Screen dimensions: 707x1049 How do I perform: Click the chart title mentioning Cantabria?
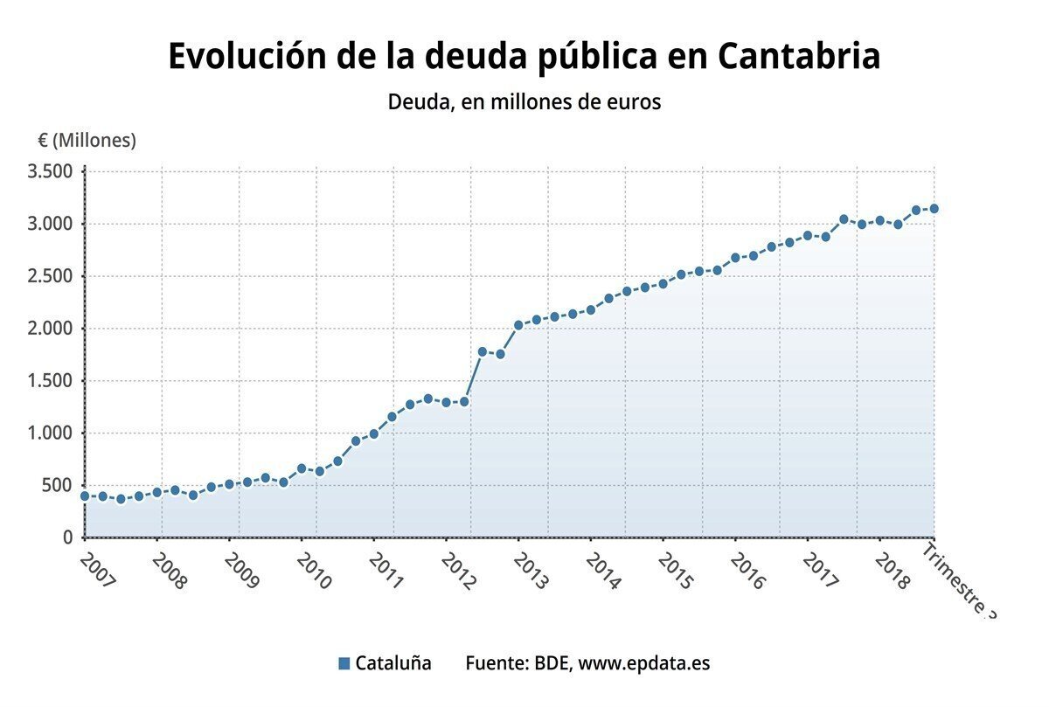click(524, 56)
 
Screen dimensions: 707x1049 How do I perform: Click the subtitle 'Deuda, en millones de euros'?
click(524, 101)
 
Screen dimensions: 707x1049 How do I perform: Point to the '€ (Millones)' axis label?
click(87, 140)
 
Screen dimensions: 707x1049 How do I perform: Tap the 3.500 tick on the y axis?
click(50, 171)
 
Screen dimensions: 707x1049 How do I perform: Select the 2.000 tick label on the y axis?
click(50, 329)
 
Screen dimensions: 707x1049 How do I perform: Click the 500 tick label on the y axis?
click(57, 486)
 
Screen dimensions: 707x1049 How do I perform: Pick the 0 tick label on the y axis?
click(67, 537)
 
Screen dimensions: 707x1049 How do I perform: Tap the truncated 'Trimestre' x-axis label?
click(959, 581)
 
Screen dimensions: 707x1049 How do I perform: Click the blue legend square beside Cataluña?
click(344, 663)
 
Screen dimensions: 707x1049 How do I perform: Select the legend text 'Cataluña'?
click(393, 663)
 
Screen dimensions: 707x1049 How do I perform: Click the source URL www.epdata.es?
click(644, 663)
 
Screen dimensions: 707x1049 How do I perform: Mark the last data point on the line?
click(934, 208)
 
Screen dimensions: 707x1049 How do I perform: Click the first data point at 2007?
click(85, 496)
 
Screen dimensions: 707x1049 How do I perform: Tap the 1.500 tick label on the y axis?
click(50, 381)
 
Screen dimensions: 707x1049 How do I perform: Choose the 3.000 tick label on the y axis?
click(50, 224)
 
